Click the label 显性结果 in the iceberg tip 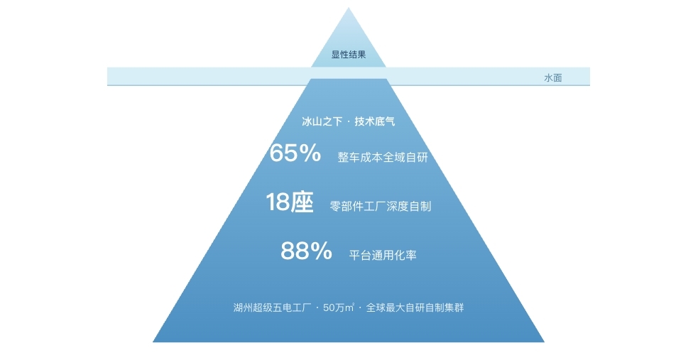tap(349, 55)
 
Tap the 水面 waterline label tap(553, 78)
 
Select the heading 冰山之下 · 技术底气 tap(349, 121)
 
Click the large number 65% tap(295, 153)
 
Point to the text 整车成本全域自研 tap(383, 157)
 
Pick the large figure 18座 tap(290, 202)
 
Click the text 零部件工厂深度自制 tap(381, 206)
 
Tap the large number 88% tap(306, 251)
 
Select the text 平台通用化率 tap(383, 255)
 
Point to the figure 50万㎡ tap(339, 307)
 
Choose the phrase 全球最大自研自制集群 tap(415, 307)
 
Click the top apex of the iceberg tap(349, 8)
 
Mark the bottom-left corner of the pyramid tap(153, 342)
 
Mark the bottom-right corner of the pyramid tap(545, 342)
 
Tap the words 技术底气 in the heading tap(375, 121)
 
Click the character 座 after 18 tap(302, 202)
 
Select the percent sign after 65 tap(310, 153)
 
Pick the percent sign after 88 tap(321, 251)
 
